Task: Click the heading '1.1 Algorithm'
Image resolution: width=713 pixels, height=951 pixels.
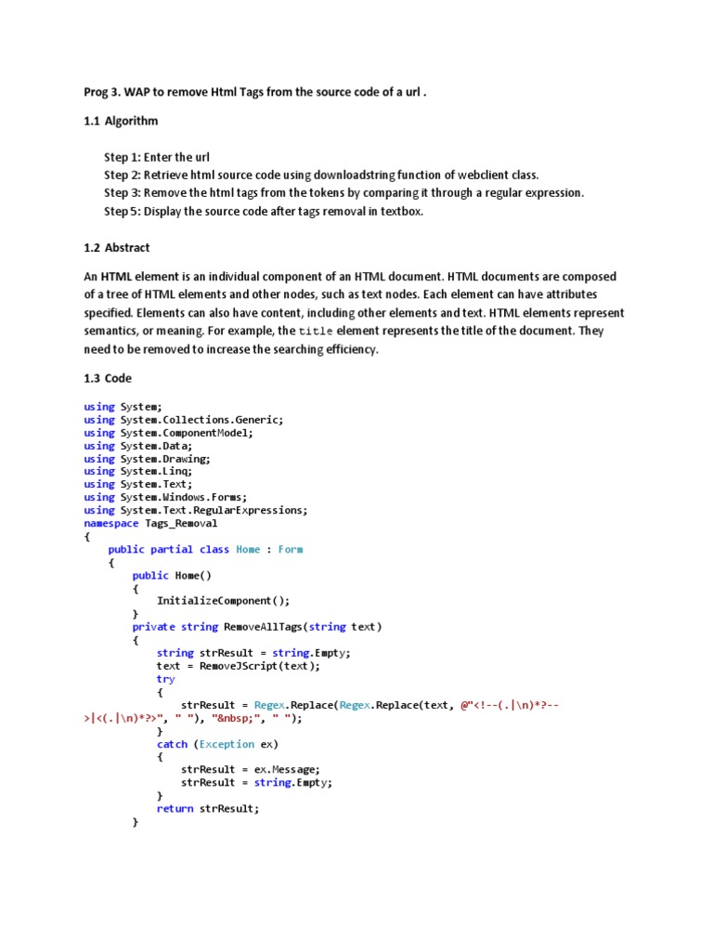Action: click(121, 121)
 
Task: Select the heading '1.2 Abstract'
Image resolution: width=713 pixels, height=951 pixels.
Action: click(116, 248)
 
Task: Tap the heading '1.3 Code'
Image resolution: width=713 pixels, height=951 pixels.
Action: click(108, 378)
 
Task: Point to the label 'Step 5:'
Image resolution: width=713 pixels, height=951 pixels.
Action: click(123, 211)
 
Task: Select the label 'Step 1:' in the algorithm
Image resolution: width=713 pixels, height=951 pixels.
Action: click(123, 157)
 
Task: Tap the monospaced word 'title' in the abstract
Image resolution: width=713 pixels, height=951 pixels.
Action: click(316, 332)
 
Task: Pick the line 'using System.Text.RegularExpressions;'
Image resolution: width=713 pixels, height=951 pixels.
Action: click(195, 510)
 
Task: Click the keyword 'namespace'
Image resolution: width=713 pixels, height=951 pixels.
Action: click(110, 523)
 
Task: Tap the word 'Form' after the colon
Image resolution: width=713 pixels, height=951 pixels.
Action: click(291, 549)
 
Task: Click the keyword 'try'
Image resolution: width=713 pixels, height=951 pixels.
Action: click(165, 679)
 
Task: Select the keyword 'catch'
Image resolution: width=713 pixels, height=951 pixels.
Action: click(172, 744)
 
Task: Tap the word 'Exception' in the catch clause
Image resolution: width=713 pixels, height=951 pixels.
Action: click(227, 744)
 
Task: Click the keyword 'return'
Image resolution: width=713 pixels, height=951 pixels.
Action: click(175, 808)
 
